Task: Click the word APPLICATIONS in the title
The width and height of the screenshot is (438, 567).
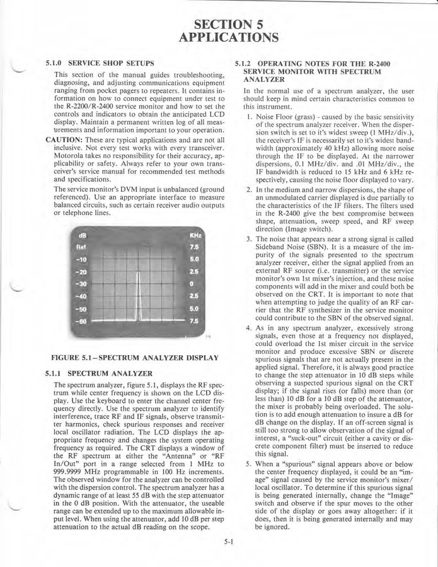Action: tap(228, 38)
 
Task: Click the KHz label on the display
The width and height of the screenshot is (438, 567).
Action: tap(195, 235)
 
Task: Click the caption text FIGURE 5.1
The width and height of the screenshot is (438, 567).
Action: tap(74, 358)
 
